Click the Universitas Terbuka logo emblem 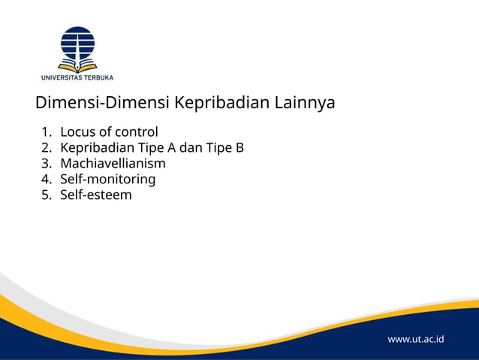pos(77,47)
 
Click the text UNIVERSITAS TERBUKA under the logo pos(77,76)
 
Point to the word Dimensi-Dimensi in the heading pos(102,102)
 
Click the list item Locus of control pos(109,132)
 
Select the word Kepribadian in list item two pos(96,148)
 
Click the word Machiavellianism pos(113,163)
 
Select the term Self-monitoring pos(107,179)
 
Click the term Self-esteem pos(95,195)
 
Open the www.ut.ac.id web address pos(415,339)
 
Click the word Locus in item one pos(76,132)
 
